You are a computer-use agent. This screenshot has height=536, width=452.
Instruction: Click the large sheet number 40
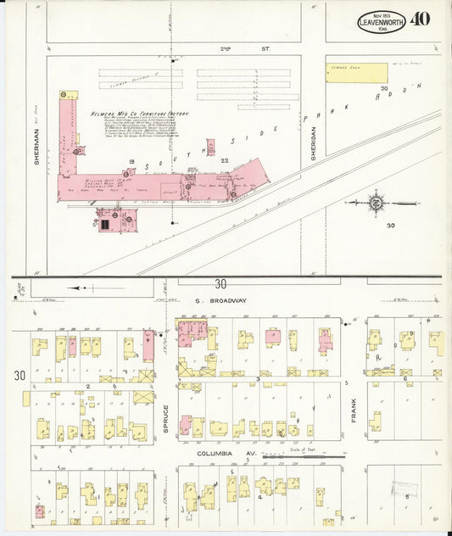419,20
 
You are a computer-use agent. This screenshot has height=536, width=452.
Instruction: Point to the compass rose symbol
375,203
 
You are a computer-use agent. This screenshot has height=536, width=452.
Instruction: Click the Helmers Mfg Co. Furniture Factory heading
140,114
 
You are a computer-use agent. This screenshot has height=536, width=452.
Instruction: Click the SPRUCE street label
166,419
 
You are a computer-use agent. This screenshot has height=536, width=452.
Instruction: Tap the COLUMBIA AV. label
220,455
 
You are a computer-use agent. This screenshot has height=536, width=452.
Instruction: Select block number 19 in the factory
131,161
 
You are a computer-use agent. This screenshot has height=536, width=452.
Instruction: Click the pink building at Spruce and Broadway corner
192,330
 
